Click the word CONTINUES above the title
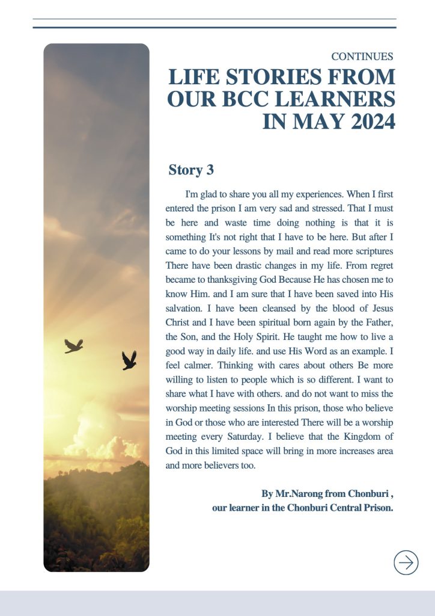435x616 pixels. point(362,57)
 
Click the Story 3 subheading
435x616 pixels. point(191,170)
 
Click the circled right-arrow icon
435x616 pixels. point(406,562)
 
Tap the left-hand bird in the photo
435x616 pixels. point(73,345)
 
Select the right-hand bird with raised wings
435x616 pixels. point(129,360)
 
